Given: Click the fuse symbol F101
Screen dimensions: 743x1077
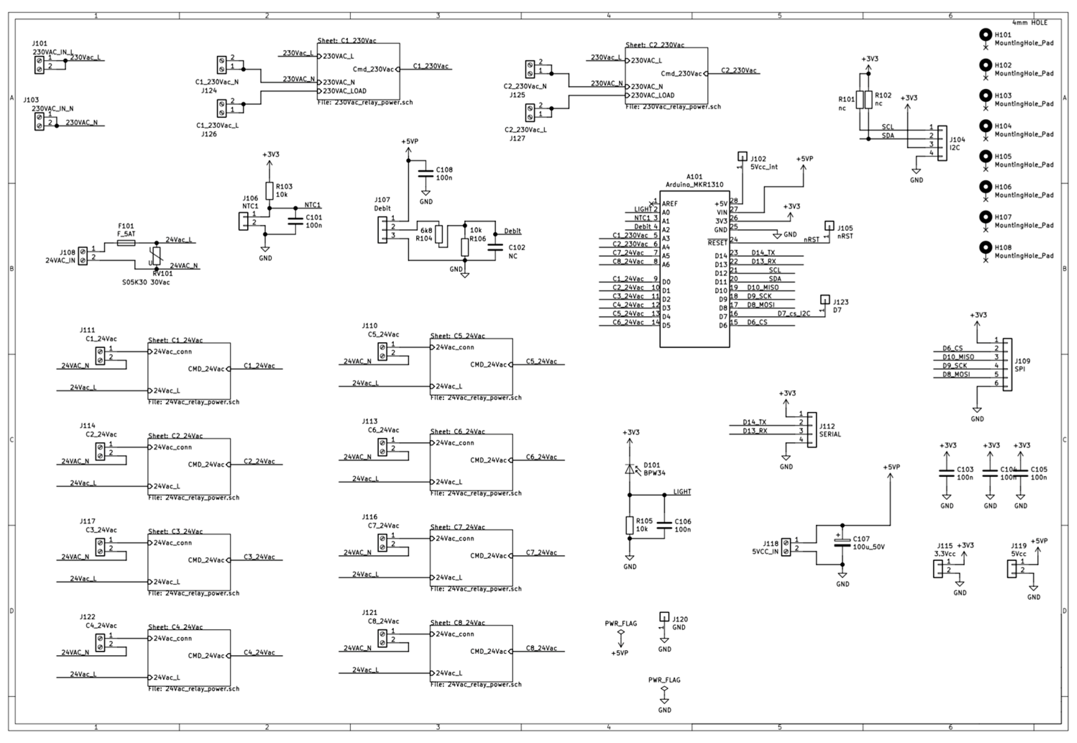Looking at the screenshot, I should [126, 243].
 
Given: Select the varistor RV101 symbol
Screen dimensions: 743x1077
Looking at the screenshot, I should [156, 256].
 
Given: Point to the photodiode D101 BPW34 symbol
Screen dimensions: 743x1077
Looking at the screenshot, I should [630, 469].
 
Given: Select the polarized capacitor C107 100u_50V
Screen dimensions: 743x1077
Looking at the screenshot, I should [842, 542].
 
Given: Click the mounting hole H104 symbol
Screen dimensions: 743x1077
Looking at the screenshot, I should [985, 126].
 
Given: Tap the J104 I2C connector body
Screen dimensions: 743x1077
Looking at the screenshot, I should [942, 143].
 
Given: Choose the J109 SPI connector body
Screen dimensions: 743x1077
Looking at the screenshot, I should [1007, 365].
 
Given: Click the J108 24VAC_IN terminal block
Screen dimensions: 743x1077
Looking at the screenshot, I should [83, 256].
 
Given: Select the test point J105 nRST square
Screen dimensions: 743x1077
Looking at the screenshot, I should [829, 225].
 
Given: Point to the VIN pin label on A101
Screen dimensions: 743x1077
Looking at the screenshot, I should [722, 212].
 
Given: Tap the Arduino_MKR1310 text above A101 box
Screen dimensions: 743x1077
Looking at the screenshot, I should [694, 184].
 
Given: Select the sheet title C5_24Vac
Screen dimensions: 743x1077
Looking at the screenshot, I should [457, 336].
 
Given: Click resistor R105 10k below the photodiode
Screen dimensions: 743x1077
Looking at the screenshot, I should [630, 525].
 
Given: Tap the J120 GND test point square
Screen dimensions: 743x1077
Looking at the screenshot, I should [664, 616].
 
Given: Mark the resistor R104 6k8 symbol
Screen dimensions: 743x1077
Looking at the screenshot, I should [439, 234].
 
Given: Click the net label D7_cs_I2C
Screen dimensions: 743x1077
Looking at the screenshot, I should [794, 313].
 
